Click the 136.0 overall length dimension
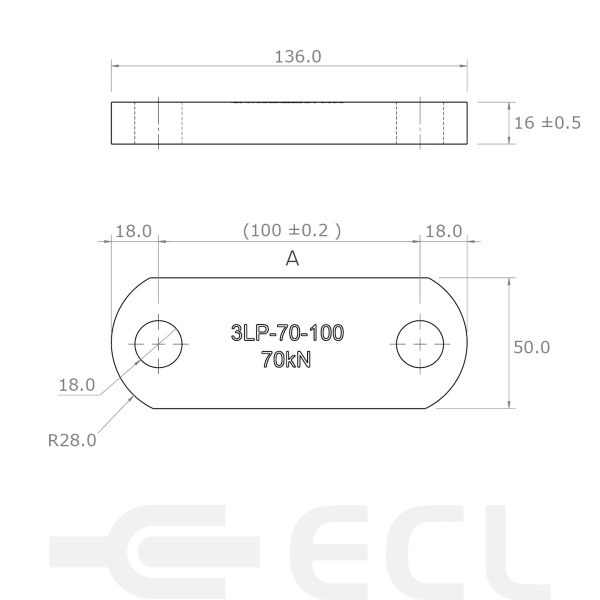point(297,56)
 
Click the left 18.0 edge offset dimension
point(133,231)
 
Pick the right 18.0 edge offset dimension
point(443,231)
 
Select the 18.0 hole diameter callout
point(77,383)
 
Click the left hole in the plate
point(158,343)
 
